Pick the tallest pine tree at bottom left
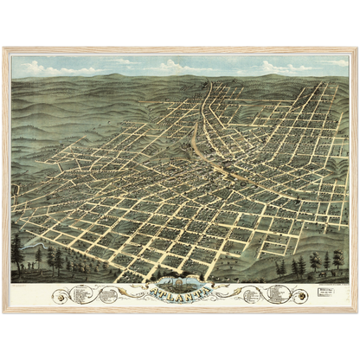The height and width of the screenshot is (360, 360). pos(18,251)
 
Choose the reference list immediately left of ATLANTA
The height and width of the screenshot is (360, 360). pos(108,294)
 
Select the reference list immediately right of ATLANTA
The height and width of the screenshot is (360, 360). pos(251,294)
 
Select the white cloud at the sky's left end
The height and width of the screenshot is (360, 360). pos(39,67)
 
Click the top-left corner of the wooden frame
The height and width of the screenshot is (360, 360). pos(3,48)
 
